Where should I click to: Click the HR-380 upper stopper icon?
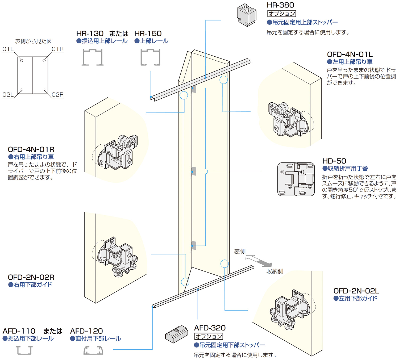pyautogui.click(x=247, y=15)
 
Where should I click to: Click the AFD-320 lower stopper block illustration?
pyautogui.click(x=177, y=334)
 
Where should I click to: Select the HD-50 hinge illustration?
pyautogui.click(x=296, y=179)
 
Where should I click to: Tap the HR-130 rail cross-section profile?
pyautogui.click(x=92, y=57)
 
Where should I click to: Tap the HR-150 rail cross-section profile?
pyautogui.click(x=150, y=57)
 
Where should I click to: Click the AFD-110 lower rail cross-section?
pyautogui.click(x=24, y=350)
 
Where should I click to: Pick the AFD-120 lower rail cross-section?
pyautogui.click(x=93, y=350)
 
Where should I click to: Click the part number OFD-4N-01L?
pyautogui.click(x=350, y=55)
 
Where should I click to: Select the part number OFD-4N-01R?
pyautogui.click(x=31, y=149)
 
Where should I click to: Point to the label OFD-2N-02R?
pyautogui.click(x=31, y=277)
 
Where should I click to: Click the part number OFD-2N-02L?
pyautogui.click(x=356, y=291)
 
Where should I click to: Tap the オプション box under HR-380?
pyautogui.click(x=281, y=14)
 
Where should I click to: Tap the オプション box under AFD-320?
pyautogui.click(x=209, y=336)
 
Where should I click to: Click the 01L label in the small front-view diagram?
pyautogui.click(x=8, y=49)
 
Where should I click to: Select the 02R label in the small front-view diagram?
pyautogui.click(x=57, y=95)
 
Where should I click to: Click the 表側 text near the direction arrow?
pyautogui.click(x=240, y=252)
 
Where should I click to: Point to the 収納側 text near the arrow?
pyautogui.click(x=275, y=271)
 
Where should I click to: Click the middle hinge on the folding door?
pyautogui.click(x=194, y=171)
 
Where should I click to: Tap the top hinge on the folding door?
pyautogui.click(x=194, y=89)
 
